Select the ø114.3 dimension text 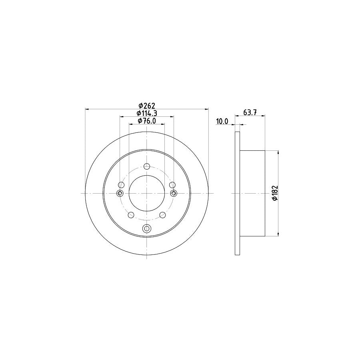[x=147, y=113]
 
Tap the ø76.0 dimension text [x=147, y=121]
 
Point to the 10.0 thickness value [x=222, y=121]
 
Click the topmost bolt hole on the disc [x=147, y=167]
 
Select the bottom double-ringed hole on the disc [x=147, y=229]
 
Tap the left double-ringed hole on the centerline [x=120, y=194]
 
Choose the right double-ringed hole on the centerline [x=174, y=194]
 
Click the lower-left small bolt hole [x=131, y=215]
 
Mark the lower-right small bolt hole [x=162, y=215]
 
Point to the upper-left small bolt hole [x=122, y=184]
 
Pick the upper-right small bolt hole [x=172, y=184]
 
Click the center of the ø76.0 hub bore [x=147, y=194]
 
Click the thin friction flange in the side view [x=237, y=194]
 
